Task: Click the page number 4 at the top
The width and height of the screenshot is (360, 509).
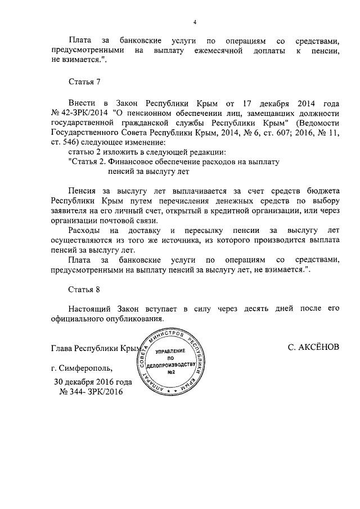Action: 194,22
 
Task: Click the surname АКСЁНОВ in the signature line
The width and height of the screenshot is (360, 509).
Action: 313,348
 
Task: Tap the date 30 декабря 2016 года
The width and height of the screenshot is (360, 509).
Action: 93,382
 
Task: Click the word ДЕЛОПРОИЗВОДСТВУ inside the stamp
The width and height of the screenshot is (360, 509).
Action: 172,365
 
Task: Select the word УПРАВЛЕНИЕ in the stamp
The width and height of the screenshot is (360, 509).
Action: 172,350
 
